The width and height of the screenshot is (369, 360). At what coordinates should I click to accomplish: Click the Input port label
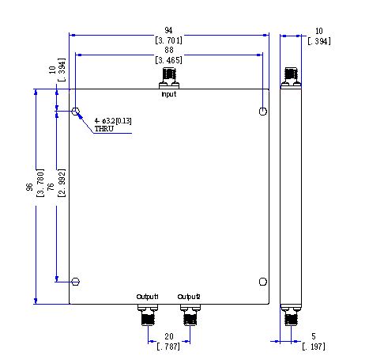pyautogui.click(x=169, y=94)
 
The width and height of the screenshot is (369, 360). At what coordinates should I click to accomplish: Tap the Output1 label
pyautogui.click(x=147, y=297)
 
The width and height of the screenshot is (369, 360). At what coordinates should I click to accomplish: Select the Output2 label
pyautogui.click(x=189, y=297)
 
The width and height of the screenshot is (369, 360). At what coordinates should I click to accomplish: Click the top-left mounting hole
pyautogui.click(x=76, y=111)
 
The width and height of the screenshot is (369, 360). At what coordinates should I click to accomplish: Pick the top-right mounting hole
pyautogui.click(x=263, y=112)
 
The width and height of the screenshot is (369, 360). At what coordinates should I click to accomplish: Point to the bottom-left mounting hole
pyautogui.click(x=76, y=282)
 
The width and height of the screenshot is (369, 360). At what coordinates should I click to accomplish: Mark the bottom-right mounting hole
pyautogui.click(x=263, y=282)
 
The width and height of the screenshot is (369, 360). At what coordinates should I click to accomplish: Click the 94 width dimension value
pyautogui.click(x=168, y=30)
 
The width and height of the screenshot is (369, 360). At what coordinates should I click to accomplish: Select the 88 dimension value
pyautogui.click(x=169, y=50)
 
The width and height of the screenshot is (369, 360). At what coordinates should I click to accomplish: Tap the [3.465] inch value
pyautogui.click(x=168, y=60)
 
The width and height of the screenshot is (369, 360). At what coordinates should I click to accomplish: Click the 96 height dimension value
pyautogui.click(x=29, y=187)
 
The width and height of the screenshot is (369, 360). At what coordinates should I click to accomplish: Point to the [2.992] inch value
pyautogui.click(x=61, y=183)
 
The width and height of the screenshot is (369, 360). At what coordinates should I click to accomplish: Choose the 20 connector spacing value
pyautogui.click(x=169, y=336)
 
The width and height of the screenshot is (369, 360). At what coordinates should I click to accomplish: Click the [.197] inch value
pyautogui.click(x=314, y=347)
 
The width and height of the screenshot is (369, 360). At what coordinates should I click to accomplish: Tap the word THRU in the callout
pyautogui.click(x=104, y=129)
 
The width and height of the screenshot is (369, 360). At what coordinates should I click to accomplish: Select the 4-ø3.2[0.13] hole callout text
pyautogui.click(x=113, y=121)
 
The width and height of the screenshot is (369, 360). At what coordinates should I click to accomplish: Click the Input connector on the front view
pyautogui.click(x=169, y=78)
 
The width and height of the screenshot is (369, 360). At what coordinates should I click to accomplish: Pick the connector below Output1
pyautogui.click(x=148, y=315)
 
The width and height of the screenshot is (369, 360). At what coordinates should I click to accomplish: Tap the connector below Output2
pyautogui.click(x=190, y=315)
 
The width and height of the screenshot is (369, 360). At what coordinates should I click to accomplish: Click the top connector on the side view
pyautogui.click(x=291, y=78)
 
